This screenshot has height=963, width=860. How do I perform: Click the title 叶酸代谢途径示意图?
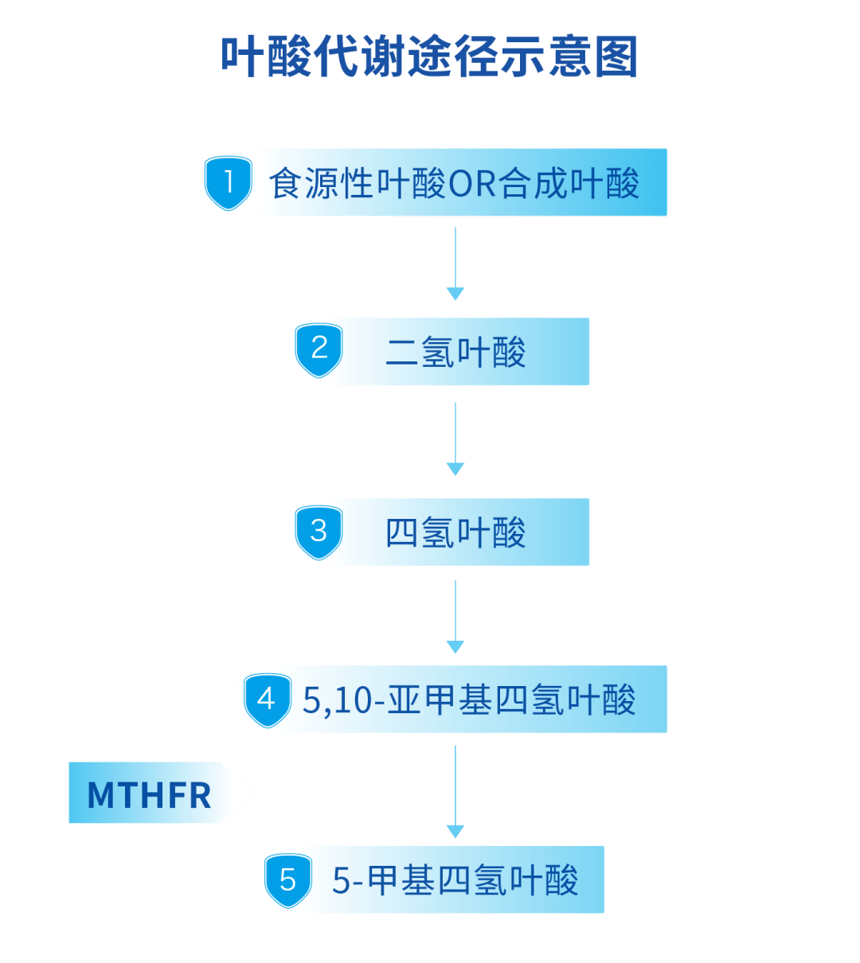pos(429,57)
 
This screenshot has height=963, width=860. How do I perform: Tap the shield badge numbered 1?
pos(229,183)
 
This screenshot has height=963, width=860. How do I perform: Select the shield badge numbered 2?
pos(319,349)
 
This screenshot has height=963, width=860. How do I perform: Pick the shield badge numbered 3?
pos(319,531)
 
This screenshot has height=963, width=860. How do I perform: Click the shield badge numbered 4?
pos(266,700)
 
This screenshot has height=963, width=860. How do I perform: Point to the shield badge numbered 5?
pos(287,880)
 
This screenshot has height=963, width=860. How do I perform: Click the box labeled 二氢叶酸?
pos(460,352)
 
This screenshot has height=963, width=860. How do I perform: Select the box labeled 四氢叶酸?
pos(460,532)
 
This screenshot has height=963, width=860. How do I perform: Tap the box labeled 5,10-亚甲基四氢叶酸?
pos(472,700)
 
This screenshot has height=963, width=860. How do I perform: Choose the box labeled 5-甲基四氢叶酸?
pos(454,879)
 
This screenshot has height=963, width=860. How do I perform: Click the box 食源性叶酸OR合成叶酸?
pos(459,182)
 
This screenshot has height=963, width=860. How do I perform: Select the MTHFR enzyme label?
pos(150,793)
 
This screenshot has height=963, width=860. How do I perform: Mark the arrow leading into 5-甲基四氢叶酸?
pos(455,792)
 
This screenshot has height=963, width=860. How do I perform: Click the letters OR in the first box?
pos(473,184)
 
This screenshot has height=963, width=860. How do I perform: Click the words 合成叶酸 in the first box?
pos(569,184)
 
